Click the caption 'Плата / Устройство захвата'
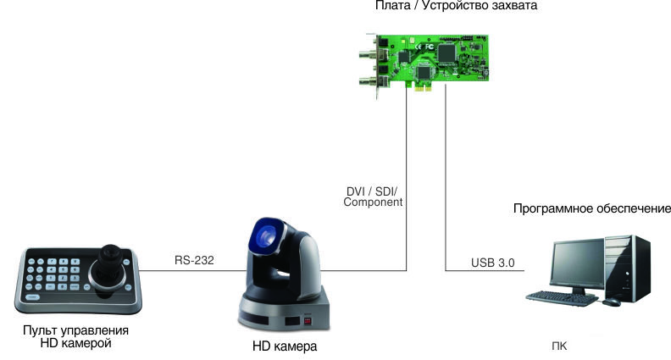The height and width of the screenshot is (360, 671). pyautogui.click(x=444, y=6)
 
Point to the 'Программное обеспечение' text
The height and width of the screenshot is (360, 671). pyautogui.click(x=592, y=208)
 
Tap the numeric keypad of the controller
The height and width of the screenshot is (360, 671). pyautogui.click(x=50, y=272)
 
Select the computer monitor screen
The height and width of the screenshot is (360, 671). pyautogui.click(x=577, y=262)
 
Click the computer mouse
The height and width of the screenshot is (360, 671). pyautogui.click(x=611, y=302)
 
